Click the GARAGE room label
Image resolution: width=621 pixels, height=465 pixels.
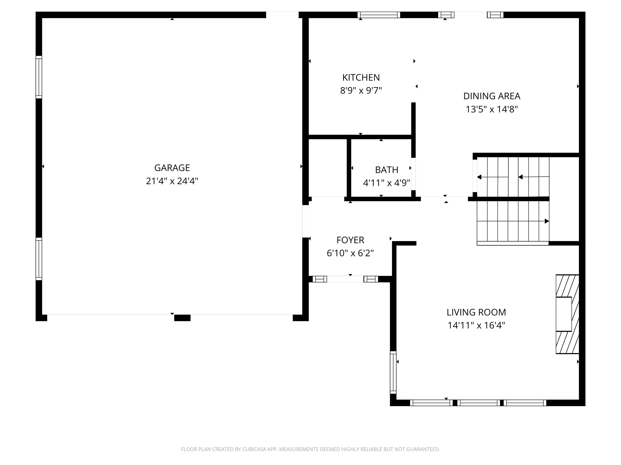(172, 168)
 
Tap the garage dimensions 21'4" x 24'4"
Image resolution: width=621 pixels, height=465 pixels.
(172, 181)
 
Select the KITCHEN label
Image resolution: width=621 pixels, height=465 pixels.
(361, 77)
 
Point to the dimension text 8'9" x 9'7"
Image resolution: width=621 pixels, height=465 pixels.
(361, 91)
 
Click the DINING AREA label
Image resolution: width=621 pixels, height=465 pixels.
(492, 96)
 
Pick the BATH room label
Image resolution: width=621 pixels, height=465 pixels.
(387, 170)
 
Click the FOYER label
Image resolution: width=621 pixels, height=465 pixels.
(350, 240)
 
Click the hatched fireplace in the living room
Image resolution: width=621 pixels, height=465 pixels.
(567, 314)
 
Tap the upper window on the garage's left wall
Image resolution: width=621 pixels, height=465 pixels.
(39, 77)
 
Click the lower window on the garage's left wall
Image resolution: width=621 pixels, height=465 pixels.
(39, 259)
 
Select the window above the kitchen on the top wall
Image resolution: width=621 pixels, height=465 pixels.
(379, 15)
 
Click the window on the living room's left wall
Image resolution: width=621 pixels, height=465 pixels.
(393, 372)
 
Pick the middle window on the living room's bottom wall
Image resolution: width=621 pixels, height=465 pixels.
(479, 403)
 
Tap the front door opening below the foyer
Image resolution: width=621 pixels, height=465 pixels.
(345, 279)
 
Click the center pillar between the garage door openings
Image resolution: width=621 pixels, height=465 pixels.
(182, 318)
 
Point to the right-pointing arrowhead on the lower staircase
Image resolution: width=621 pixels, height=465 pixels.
(547, 221)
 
